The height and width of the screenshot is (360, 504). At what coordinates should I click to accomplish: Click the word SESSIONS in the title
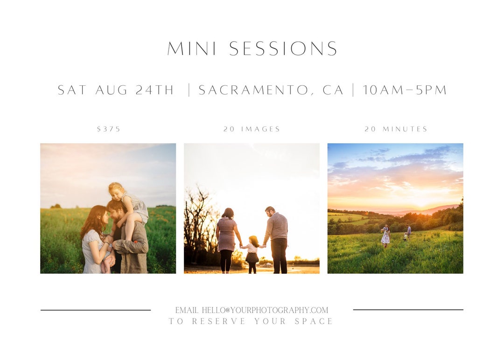click(283, 49)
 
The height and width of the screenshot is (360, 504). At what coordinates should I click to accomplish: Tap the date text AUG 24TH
click(134, 90)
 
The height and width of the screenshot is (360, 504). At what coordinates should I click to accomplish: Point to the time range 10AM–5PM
click(405, 90)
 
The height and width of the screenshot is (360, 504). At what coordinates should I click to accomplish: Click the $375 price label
click(109, 129)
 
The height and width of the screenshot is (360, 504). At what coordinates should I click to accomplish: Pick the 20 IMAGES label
click(252, 129)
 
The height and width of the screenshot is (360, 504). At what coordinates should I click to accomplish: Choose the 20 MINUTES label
click(396, 129)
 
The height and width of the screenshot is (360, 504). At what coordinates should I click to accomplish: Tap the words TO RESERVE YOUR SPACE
click(251, 321)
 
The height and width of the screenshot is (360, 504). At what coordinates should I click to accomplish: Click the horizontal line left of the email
click(96, 310)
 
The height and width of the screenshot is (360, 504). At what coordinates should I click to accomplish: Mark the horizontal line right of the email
click(408, 310)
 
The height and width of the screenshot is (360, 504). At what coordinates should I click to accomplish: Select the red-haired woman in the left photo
click(93, 238)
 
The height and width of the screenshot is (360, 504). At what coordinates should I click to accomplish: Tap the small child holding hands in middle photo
click(252, 254)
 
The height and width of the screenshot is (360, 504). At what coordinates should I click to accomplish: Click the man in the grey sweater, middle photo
click(277, 238)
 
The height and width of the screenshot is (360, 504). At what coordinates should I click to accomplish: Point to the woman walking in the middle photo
click(227, 238)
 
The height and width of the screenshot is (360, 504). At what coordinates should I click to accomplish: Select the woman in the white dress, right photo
click(385, 235)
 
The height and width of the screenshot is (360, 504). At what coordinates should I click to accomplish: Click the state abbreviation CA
click(333, 90)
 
